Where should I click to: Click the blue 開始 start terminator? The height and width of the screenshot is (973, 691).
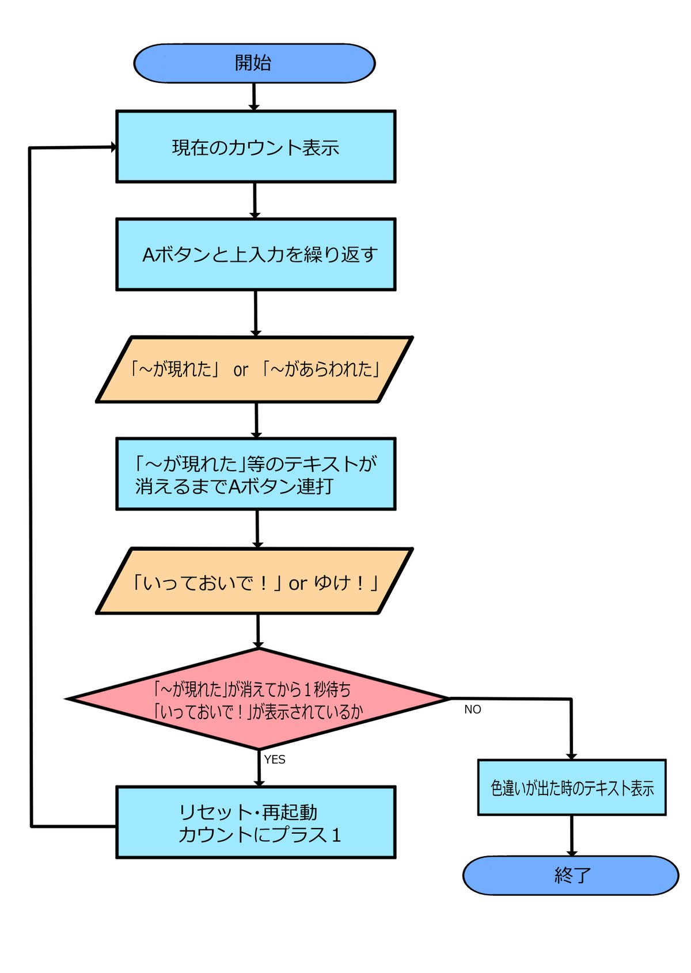(x=254, y=63)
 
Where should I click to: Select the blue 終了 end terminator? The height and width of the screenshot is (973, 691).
(x=571, y=875)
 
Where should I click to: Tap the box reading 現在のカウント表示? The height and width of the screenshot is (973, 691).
(x=256, y=147)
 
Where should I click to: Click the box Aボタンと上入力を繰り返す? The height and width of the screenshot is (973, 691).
(x=256, y=254)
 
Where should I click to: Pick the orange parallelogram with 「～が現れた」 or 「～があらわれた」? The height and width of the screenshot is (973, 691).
(x=255, y=369)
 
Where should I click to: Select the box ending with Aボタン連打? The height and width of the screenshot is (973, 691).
(x=256, y=474)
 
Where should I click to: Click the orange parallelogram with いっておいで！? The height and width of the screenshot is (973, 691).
(x=255, y=582)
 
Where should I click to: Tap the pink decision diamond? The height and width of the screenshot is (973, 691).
(x=258, y=700)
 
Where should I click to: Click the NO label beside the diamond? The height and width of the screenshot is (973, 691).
(x=472, y=709)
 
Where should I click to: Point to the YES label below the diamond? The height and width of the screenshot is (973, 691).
(x=275, y=760)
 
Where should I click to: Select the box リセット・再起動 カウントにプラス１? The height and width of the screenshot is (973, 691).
(x=256, y=822)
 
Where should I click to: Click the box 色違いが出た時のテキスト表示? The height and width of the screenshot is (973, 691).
(x=572, y=788)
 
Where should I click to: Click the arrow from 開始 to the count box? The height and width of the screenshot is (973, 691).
(x=254, y=96)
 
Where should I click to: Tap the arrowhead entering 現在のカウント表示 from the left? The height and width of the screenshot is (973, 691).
(x=113, y=147)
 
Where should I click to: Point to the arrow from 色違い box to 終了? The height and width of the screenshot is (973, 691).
(x=572, y=835)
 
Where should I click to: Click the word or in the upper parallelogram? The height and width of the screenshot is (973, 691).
(x=241, y=370)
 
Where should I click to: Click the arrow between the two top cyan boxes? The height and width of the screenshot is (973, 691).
(x=255, y=200)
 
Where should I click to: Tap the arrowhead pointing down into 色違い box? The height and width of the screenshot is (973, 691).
(x=571, y=755)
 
